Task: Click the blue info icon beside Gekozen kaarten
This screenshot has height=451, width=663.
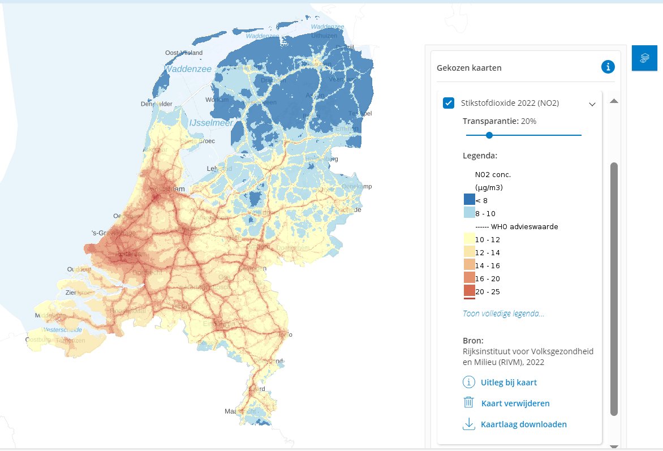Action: (608, 67)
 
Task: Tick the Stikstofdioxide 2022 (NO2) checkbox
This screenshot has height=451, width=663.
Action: (449, 103)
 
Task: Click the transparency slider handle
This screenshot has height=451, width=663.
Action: (489, 135)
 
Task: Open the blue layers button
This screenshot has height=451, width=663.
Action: (644, 58)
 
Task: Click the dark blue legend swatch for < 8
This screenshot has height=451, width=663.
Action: (469, 199)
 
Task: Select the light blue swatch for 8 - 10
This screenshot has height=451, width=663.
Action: (469, 213)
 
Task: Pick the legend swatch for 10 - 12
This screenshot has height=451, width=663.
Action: (469, 239)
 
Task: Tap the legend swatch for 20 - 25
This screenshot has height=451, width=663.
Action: (469, 291)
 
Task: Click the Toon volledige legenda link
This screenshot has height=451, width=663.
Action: (503, 313)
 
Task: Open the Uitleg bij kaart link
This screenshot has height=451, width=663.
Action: (509, 383)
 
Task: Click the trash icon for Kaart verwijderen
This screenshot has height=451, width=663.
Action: (468, 403)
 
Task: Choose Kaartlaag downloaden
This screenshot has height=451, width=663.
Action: (523, 424)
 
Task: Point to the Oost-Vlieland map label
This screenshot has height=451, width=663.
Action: (183, 53)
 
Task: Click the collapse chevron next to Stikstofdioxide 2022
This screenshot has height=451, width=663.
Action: (592, 104)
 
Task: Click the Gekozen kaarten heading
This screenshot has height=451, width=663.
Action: (469, 68)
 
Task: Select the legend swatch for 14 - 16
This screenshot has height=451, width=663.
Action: (469, 265)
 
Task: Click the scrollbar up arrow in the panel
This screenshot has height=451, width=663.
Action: (614, 101)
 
